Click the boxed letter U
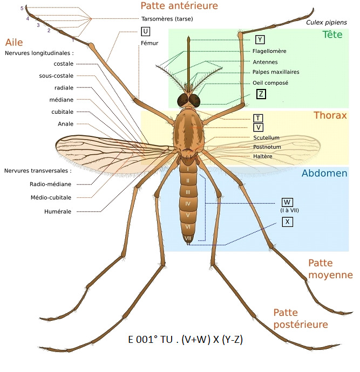click(x=145, y=31)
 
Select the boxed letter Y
click(x=260, y=39)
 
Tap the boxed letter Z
click(x=261, y=94)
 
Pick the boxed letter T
click(x=258, y=118)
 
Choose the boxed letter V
click(x=258, y=127)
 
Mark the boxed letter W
click(x=287, y=203)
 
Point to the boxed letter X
click(x=287, y=221)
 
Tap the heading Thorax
click(x=330, y=115)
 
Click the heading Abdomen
click(x=324, y=173)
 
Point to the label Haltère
click(x=263, y=156)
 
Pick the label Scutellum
click(x=267, y=138)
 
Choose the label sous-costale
click(x=56, y=75)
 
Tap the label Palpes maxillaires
click(x=276, y=72)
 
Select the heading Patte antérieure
click(x=179, y=6)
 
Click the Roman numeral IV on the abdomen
click(x=188, y=204)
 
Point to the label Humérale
click(x=58, y=211)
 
